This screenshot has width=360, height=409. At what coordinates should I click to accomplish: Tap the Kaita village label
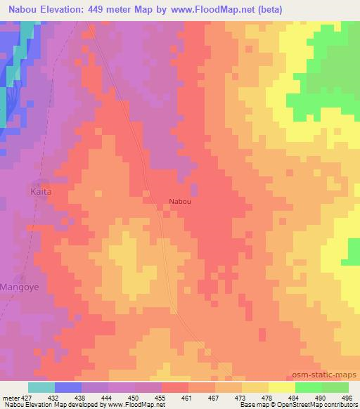click(x=41, y=190)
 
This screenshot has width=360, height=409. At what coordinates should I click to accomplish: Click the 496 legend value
click(x=345, y=397)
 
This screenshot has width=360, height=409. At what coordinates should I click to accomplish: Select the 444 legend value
click(x=108, y=397)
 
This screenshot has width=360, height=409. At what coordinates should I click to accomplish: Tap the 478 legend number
click(x=266, y=397)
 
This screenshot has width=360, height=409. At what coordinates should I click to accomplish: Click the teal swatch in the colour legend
click(x=41, y=387)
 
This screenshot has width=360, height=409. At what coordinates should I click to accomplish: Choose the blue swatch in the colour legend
click(x=68, y=387)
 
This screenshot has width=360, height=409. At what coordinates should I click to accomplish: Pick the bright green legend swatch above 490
click(x=308, y=387)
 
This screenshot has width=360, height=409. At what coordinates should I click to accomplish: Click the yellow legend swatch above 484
click(x=281, y=387)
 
